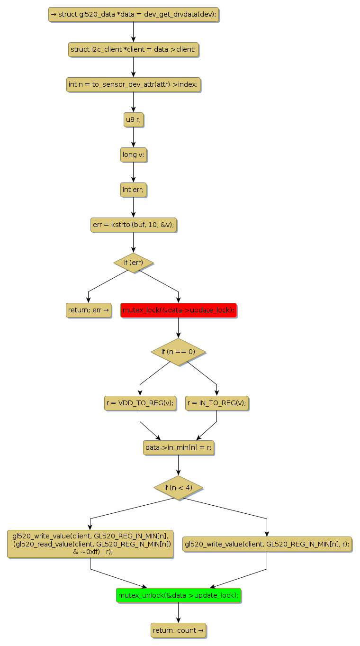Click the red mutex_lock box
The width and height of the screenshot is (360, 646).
pos(178,310)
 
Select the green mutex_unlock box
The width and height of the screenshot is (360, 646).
pos(178,595)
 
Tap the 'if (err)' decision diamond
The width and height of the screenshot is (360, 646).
pos(133,263)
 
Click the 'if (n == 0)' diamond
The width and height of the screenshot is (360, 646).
pos(178,352)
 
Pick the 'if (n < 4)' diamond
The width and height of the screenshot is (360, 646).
pos(178,487)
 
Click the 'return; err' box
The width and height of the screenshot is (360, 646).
pos(89,310)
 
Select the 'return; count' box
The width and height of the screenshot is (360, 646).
pos(178,630)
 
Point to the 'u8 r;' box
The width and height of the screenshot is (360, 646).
pos(133,120)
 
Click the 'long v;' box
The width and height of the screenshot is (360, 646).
pos(133,155)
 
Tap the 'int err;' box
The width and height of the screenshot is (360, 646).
pos(133,190)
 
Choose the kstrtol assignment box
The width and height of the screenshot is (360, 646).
pos(133,225)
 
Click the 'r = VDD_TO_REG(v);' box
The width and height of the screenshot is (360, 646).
pos(140,403)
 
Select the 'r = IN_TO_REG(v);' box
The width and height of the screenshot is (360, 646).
pos(217,403)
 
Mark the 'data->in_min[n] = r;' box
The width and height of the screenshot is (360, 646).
pos(178,447)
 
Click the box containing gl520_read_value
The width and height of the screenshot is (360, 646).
pos(90,544)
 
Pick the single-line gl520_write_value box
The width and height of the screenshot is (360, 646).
pos(267,544)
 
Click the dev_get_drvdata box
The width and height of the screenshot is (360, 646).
pos(133,14)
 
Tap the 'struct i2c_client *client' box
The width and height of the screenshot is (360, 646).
pos(133,49)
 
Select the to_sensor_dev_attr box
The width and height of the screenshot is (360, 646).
pos(133,84)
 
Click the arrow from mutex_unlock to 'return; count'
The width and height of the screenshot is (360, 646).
pos(178,612)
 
